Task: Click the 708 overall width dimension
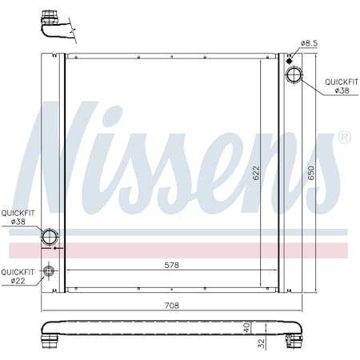click(172, 305)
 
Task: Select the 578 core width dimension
click(171, 264)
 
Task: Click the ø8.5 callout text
click(310, 42)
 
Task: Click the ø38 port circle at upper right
click(294, 77)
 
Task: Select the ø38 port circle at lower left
click(50, 237)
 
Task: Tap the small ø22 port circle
click(50, 271)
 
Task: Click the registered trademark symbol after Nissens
click(344, 138)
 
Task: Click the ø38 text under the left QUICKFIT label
click(17, 222)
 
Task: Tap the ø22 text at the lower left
click(17, 280)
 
